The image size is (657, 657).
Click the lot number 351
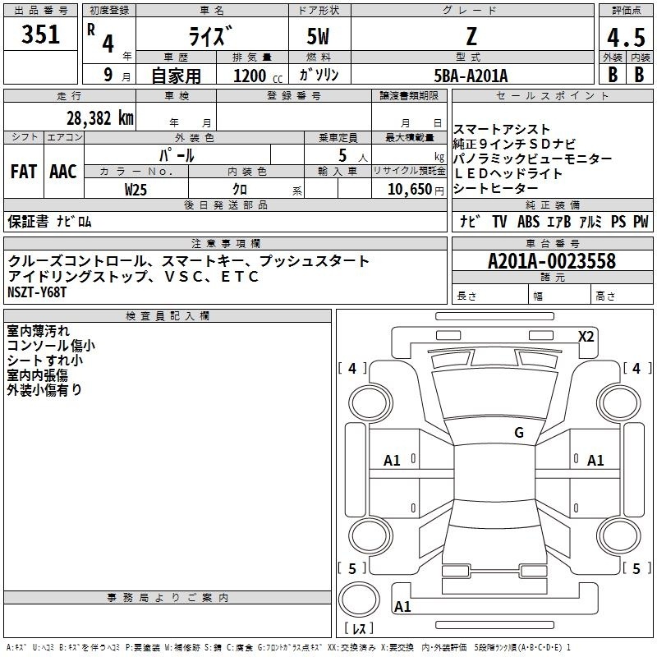tap(40, 34)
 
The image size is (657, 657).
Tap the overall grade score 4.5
tap(626, 37)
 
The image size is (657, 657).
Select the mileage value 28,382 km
tap(99, 118)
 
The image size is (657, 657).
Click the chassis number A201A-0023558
tap(552, 261)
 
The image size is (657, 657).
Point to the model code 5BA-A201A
tap(471, 76)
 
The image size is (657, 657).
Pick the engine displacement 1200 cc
tap(258, 76)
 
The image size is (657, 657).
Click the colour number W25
tap(136, 190)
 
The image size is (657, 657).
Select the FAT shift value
tap(24, 172)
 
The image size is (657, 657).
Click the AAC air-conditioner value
tap(63, 172)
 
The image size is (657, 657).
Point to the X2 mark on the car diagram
tap(586, 337)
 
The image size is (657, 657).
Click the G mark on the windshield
tap(519, 432)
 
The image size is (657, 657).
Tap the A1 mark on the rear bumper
tap(402, 606)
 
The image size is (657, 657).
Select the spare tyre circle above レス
tap(359, 600)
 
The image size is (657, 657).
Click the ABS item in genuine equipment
tap(528, 221)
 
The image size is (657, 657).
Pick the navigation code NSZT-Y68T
tap(37, 292)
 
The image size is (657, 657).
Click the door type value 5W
tap(318, 36)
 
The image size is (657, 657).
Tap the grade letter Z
tap(471, 36)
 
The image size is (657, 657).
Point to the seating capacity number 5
tap(342, 155)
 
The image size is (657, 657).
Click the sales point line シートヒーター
tap(495, 189)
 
